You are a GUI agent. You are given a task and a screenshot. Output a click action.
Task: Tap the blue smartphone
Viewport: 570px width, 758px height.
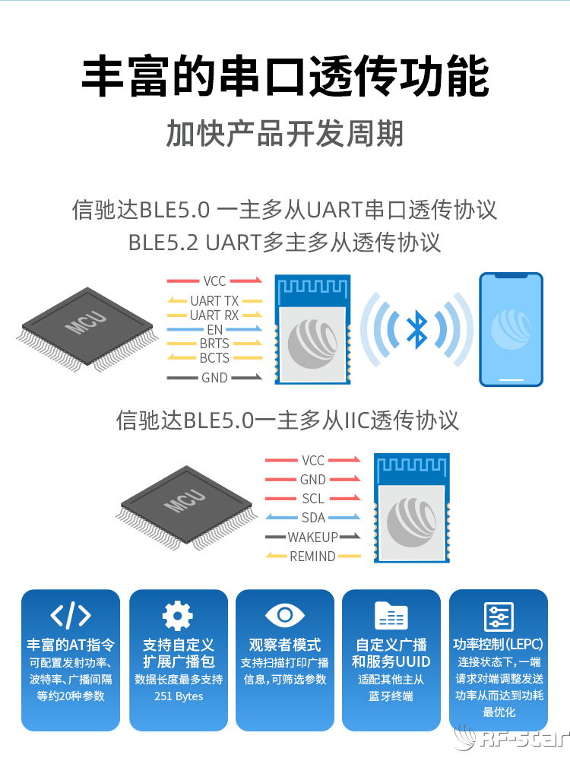pos(511,328)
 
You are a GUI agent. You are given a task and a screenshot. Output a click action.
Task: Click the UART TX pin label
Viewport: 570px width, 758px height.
pos(214,301)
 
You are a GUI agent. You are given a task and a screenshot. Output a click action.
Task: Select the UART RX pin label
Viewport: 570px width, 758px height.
pos(214,315)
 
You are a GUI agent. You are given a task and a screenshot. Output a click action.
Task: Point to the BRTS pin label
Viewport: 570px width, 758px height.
pos(214,344)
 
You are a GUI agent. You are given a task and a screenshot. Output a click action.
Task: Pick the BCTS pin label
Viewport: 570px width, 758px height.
pos(214,357)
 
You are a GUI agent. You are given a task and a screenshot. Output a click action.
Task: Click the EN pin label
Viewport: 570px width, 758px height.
pos(214,329)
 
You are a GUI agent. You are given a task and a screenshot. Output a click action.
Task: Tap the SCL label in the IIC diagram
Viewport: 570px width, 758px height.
pos(313,499)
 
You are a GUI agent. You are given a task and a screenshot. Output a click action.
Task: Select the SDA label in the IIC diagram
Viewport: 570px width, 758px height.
pos(313,518)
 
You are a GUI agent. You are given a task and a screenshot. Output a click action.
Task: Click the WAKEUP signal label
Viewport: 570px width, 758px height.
pos(312,537)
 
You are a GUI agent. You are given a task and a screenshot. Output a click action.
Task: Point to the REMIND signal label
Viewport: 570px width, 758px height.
pos(312,557)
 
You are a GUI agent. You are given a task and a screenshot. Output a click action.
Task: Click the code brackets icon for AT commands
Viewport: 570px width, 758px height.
pos(71,615)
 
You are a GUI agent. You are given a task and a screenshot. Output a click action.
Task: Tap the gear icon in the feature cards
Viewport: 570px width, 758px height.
pos(178,615)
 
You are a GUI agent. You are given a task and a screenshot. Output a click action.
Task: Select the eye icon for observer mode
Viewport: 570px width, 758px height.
pos(285,615)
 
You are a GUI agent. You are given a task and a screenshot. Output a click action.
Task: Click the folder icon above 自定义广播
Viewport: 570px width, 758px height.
pos(391,615)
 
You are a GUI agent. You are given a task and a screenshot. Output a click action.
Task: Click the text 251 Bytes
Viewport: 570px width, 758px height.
pos(179,696)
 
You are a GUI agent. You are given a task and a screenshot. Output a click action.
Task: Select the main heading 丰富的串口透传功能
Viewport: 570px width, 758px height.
pos(285,77)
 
